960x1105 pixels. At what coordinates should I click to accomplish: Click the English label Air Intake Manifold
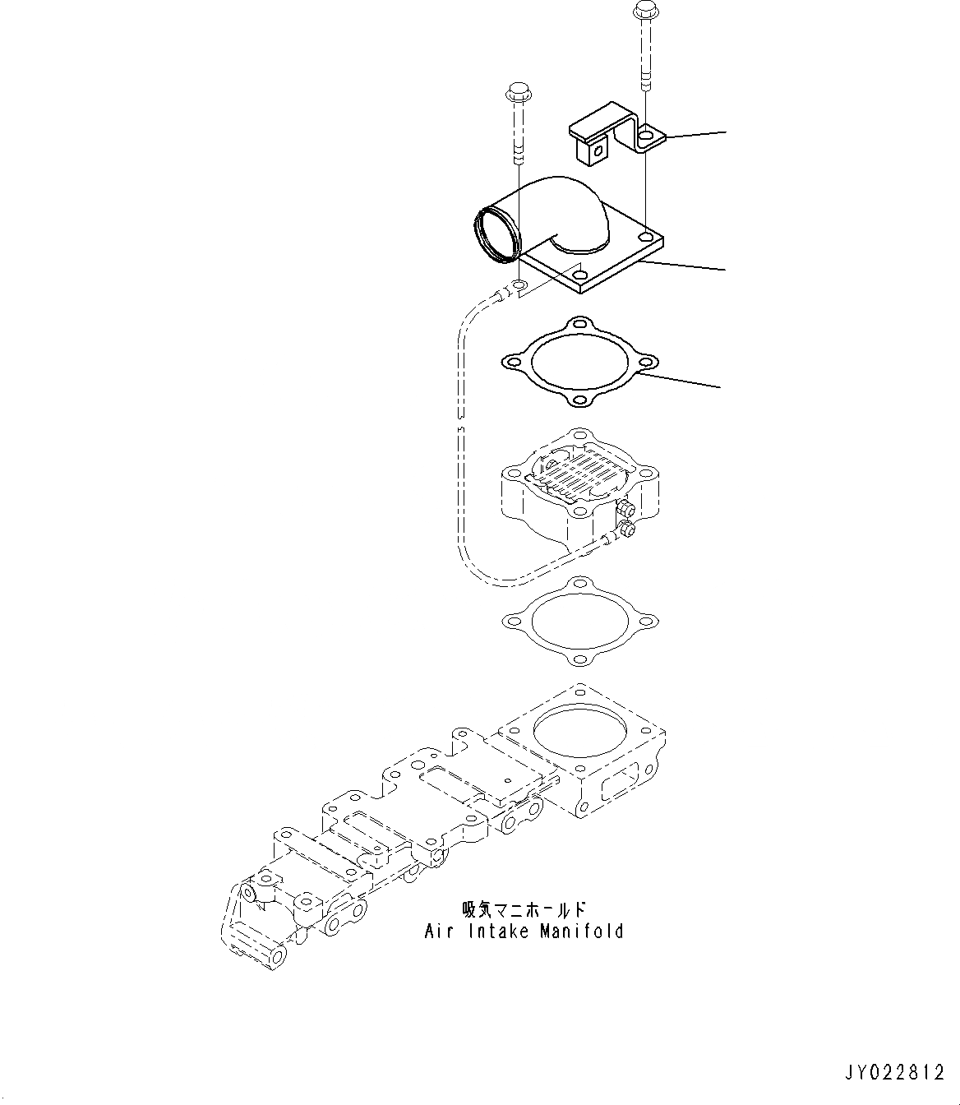tap(524, 932)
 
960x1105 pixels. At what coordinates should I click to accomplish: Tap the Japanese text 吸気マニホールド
tap(524, 910)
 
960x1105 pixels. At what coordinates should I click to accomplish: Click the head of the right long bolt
tap(643, 12)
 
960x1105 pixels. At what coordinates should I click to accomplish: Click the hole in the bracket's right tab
tap(648, 132)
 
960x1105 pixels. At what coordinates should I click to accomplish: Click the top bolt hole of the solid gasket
tap(580, 323)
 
